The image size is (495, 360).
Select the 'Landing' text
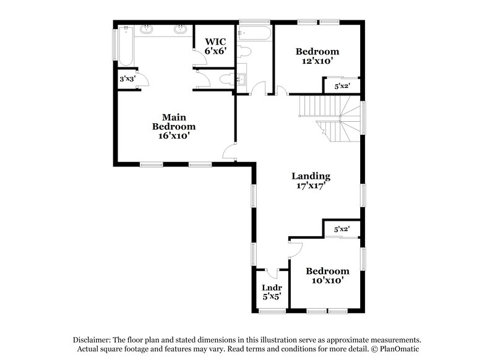pos(311,176)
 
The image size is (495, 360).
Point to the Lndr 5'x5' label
pos(272,292)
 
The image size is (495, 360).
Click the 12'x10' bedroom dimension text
pos(317,61)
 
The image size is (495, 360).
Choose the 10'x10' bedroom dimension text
pos(327,280)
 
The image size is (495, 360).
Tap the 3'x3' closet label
pos(128,79)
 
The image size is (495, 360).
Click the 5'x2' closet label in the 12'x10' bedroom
pos(342,86)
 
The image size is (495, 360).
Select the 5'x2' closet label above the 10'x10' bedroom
pos(342,229)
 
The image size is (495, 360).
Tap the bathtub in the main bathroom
pos(124,46)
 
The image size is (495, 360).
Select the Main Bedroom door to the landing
pos(230,151)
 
